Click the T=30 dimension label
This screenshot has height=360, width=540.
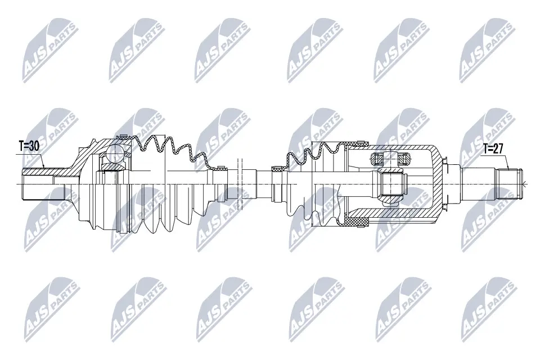[x=28, y=146]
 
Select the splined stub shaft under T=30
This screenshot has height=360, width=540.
[x=37, y=183]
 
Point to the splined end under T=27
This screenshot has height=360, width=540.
[x=509, y=183]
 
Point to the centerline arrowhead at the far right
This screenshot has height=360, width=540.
[x=524, y=184]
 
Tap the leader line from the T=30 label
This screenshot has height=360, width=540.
[x=42, y=160]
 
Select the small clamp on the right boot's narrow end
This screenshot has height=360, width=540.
[x=277, y=168]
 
